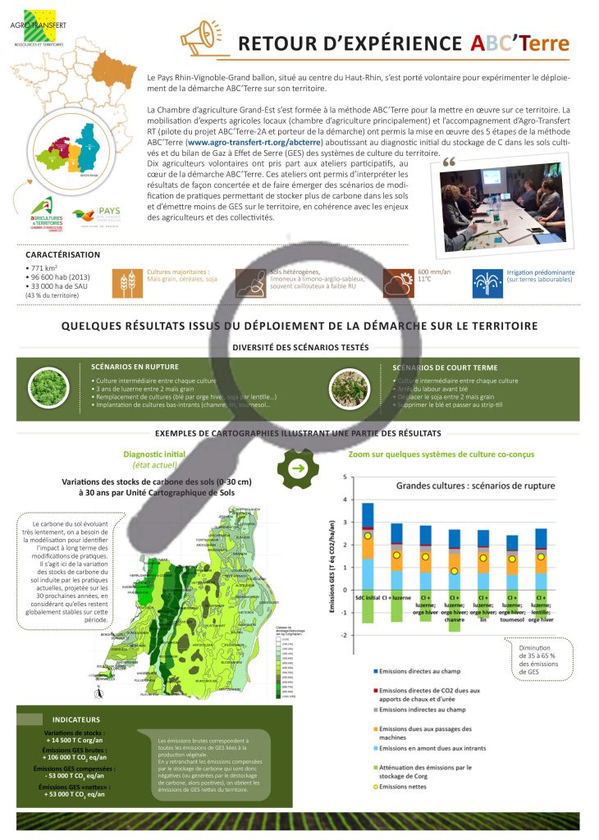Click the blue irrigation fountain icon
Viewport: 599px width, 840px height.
(x=487, y=281)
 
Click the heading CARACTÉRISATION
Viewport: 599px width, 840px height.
(x=62, y=254)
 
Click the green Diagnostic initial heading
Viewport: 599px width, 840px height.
(x=154, y=454)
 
